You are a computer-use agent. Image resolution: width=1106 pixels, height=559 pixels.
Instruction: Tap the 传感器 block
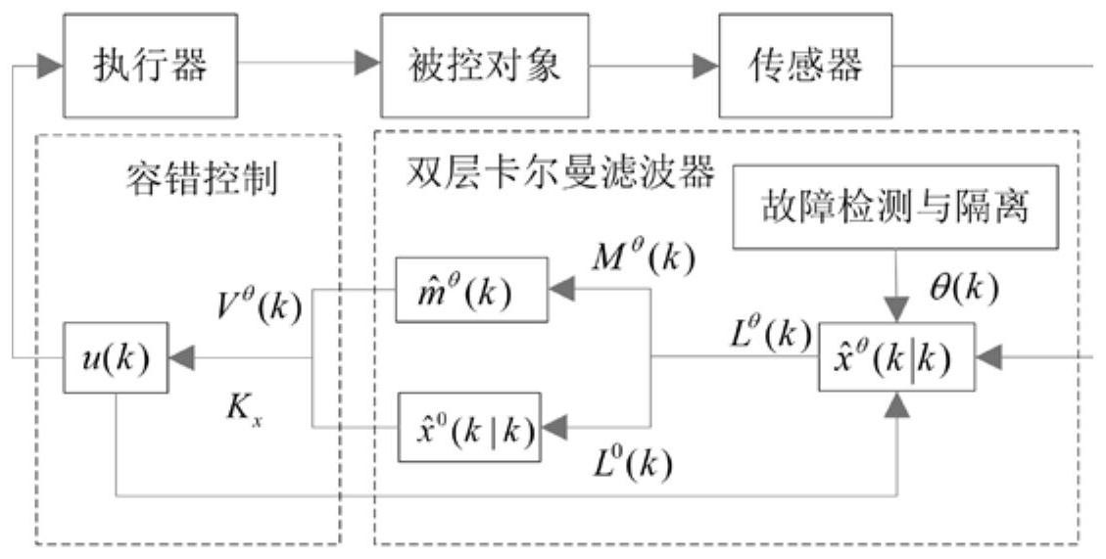[806, 66]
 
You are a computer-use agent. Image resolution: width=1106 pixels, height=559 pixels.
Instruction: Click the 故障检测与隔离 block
[896, 209]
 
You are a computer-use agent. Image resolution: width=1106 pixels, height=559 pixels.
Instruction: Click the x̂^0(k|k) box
[468, 427]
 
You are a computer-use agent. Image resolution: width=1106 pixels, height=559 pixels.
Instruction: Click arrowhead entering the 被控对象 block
[366, 66]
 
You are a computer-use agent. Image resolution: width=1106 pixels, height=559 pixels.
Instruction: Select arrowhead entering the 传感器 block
[705, 66]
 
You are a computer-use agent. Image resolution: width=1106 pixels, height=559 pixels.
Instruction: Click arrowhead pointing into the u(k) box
[180, 358]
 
